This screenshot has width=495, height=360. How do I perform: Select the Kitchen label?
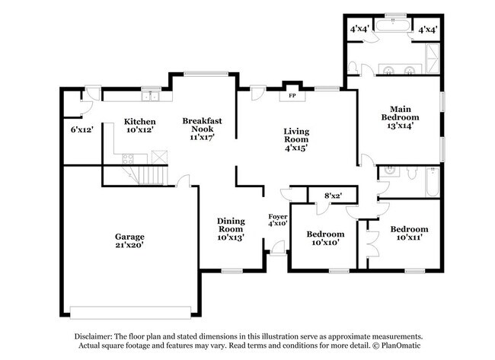[140, 121]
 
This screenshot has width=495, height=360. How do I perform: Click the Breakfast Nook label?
[202, 125]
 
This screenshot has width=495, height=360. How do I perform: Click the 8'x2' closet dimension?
[333, 196]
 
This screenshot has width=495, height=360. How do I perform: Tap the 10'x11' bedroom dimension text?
[409, 238]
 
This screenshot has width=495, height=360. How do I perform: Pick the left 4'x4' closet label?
[359, 29]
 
